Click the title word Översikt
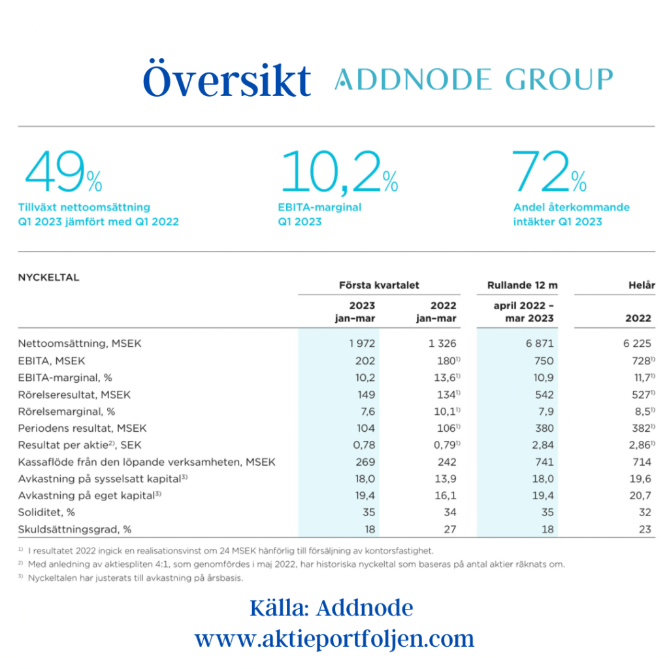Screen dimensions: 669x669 coord(226,80)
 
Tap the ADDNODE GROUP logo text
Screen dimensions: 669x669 coord(474,80)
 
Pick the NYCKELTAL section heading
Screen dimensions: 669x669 coord(48,277)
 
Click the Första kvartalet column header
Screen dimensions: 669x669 coord(379,286)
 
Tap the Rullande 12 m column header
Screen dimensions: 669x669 coord(523,286)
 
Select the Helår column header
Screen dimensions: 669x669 coord(641,286)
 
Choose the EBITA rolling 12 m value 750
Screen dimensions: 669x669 coord(543,361)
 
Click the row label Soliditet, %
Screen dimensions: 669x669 coord(46,512)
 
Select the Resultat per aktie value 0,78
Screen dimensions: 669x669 coord(363,445)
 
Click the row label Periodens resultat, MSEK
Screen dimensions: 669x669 coord(82,428)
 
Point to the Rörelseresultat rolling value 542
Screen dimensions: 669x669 coord(543,394)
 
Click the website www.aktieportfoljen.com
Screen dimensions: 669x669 coord(334,638)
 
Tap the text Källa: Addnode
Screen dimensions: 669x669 coord(331,608)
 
